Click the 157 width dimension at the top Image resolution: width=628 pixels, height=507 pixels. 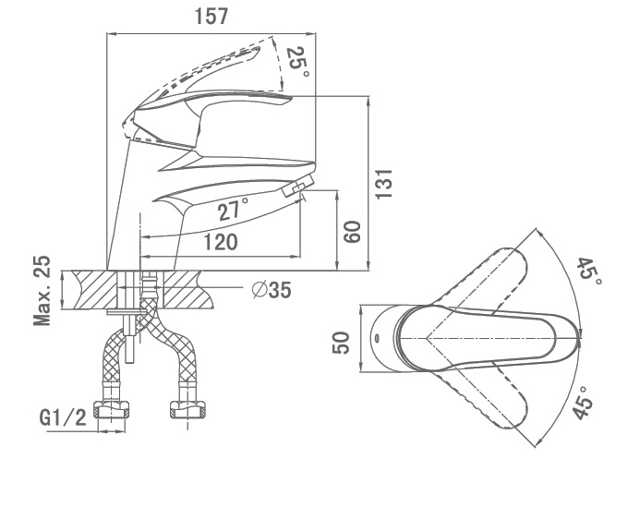coord(211,17)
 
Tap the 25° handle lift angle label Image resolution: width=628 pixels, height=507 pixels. coord(298,62)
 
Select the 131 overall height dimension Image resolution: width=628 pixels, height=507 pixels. coord(383,184)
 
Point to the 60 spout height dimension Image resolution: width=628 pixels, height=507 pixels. coord(353,232)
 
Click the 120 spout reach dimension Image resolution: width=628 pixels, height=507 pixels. coord(221,242)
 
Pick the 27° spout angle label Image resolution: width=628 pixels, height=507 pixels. coord(233,210)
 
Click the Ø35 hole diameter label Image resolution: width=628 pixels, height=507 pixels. coord(272,290)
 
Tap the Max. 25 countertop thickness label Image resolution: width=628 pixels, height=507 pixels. coord(42,290)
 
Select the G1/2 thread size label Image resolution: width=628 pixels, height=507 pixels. coord(63,418)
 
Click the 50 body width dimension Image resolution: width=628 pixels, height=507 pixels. coord(341,343)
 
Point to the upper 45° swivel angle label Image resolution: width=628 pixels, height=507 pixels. coord(589,272)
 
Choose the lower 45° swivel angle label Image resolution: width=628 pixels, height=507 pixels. coord(583,403)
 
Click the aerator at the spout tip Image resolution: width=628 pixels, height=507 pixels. coord(298,186)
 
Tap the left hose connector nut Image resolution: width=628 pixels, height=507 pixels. coord(112,409)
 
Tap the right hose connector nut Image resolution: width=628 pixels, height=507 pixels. coord(187,409)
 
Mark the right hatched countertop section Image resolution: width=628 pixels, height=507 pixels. coord(188,290)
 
